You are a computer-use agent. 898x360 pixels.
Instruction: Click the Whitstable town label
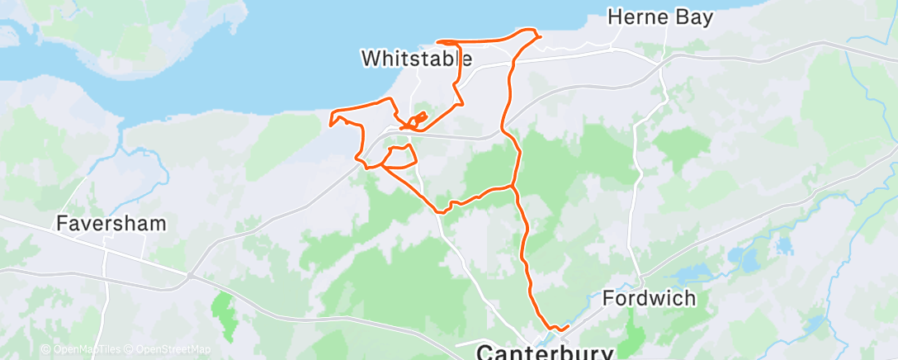[x=417, y=59]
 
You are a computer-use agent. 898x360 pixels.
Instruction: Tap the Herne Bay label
[x=659, y=17]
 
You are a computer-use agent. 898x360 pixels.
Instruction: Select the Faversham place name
[x=111, y=223]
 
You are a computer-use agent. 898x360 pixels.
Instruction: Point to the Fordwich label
[x=649, y=297]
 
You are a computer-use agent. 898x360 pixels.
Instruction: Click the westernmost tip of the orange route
[x=330, y=125]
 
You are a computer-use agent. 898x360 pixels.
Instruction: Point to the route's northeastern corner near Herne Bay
[x=539, y=36]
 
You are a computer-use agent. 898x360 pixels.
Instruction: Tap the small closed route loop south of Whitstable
[x=399, y=157]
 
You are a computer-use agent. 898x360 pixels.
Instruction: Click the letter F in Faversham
[x=61, y=223]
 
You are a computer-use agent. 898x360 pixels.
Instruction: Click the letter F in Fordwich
[x=607, y=297]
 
